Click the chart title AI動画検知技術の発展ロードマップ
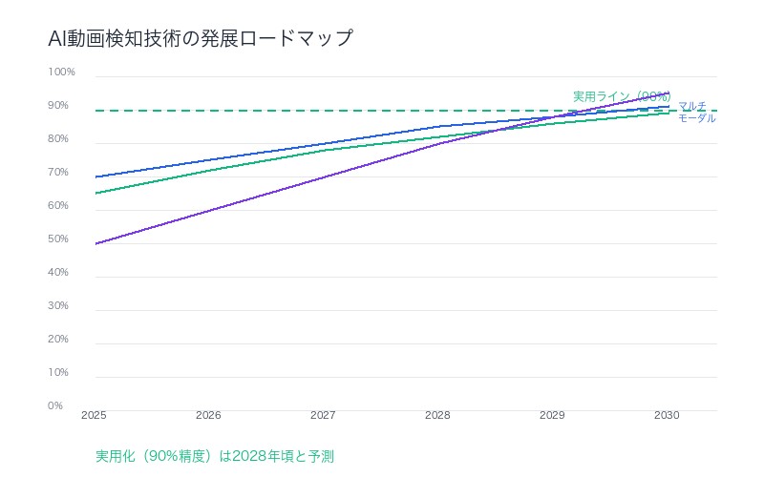(200, 39)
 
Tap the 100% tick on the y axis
(61, 73)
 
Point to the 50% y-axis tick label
(58, 239)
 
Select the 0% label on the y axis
(55, 405)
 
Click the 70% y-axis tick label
(58, 173)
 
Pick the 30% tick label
(58, 306)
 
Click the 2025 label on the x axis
(94, 416)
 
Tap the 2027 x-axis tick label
(323, 416)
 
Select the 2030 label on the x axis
(667, 416)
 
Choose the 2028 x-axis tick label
(437, 416)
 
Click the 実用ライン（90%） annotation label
(621, 96)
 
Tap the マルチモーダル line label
(696, 112)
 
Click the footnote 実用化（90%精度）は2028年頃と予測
(215, 456)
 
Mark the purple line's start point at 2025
(95, 243)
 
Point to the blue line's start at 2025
(95, 176)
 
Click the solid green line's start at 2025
(95, 194)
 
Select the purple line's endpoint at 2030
(668, 93)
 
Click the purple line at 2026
(209, 210)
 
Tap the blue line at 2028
(438, 127)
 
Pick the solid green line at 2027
(324, 151)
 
